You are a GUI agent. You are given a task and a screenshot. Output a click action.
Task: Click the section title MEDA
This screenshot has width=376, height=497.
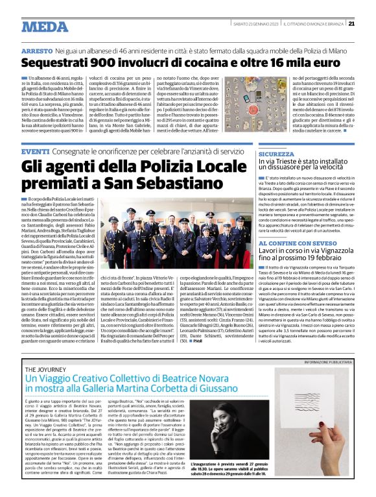click(x=44, y=27)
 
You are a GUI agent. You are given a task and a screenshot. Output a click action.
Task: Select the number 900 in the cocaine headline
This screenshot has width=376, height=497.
click(x=112, y=64)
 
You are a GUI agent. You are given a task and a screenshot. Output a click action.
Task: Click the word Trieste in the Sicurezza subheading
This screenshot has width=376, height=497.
click(x=295, y=164)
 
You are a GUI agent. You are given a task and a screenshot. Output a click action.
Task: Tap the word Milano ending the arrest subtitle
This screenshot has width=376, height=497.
click(x=339, y=50)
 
